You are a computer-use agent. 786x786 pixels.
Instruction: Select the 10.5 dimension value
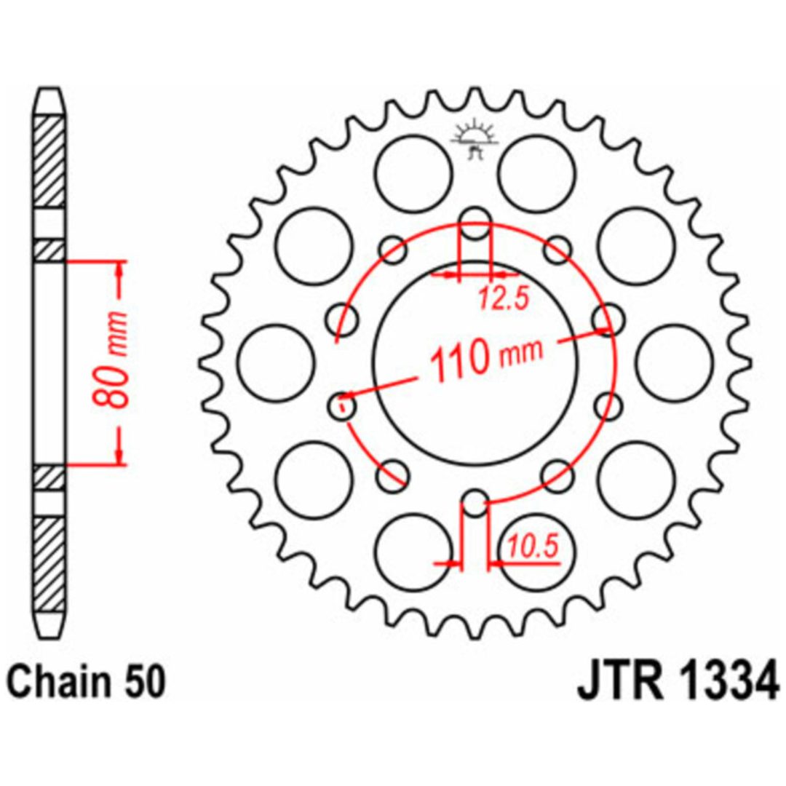pos(532,546)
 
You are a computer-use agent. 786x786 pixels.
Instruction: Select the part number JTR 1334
pos(678,680)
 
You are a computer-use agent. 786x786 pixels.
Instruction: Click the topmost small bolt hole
pos(475,223)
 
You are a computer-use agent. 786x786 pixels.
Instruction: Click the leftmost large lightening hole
pos(277,362)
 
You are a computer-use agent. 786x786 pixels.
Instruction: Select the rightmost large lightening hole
pos(675,362)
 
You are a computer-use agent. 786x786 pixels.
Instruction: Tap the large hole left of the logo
pos(414,173)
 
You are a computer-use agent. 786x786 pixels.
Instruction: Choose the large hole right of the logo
pos(538,173)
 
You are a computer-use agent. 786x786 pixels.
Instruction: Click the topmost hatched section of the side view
pos(49,162)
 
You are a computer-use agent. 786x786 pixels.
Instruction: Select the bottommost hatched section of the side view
pos(49,564)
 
